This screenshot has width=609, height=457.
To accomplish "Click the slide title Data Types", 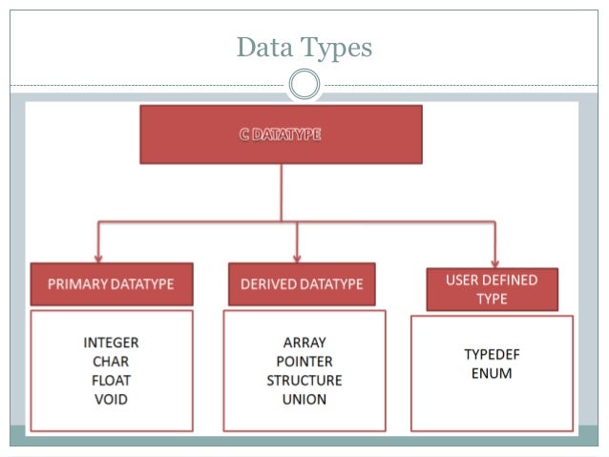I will pos(304,46).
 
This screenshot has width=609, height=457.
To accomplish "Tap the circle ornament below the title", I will pos(304,85).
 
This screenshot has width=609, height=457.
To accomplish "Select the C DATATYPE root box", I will pos(281,135).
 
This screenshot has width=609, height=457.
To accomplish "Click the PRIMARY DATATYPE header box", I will pos(112,284).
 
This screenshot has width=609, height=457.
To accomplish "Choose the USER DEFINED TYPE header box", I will pos(492,289).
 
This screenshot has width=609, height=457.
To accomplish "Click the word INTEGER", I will pos(111,343).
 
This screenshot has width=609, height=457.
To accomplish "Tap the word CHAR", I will pos(111,362).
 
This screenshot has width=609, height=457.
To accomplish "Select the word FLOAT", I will pos(111,381).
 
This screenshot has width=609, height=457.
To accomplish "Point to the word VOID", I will pos(111,400).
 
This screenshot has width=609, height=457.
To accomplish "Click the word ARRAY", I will pos(304,343).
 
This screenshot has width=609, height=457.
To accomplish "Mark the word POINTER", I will pos(304,362).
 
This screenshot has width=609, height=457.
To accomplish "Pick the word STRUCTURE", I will pos(304,381).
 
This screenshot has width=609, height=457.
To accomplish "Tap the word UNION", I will pos(304,400).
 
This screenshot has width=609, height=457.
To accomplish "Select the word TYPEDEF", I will pos(492,354).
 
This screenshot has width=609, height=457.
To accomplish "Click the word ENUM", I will pos(492,373).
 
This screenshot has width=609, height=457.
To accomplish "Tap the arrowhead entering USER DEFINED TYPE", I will pos(494,262).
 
